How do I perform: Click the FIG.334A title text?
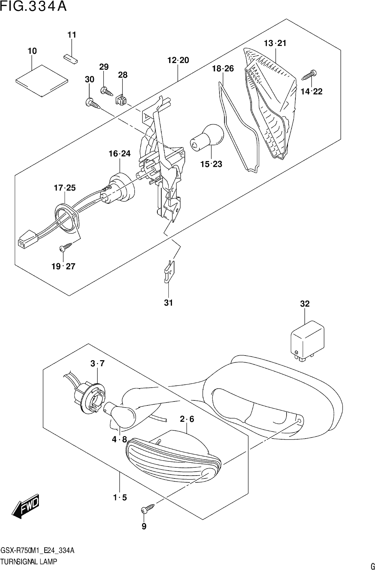(x=34, y=6)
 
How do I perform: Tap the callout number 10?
(x=32, y=51)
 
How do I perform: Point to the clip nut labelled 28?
(x=121, y=99)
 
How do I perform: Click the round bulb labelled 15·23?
(x=207, y=138)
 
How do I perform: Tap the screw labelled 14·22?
(x=309, y=75)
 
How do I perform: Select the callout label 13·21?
(x=275, y=43)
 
